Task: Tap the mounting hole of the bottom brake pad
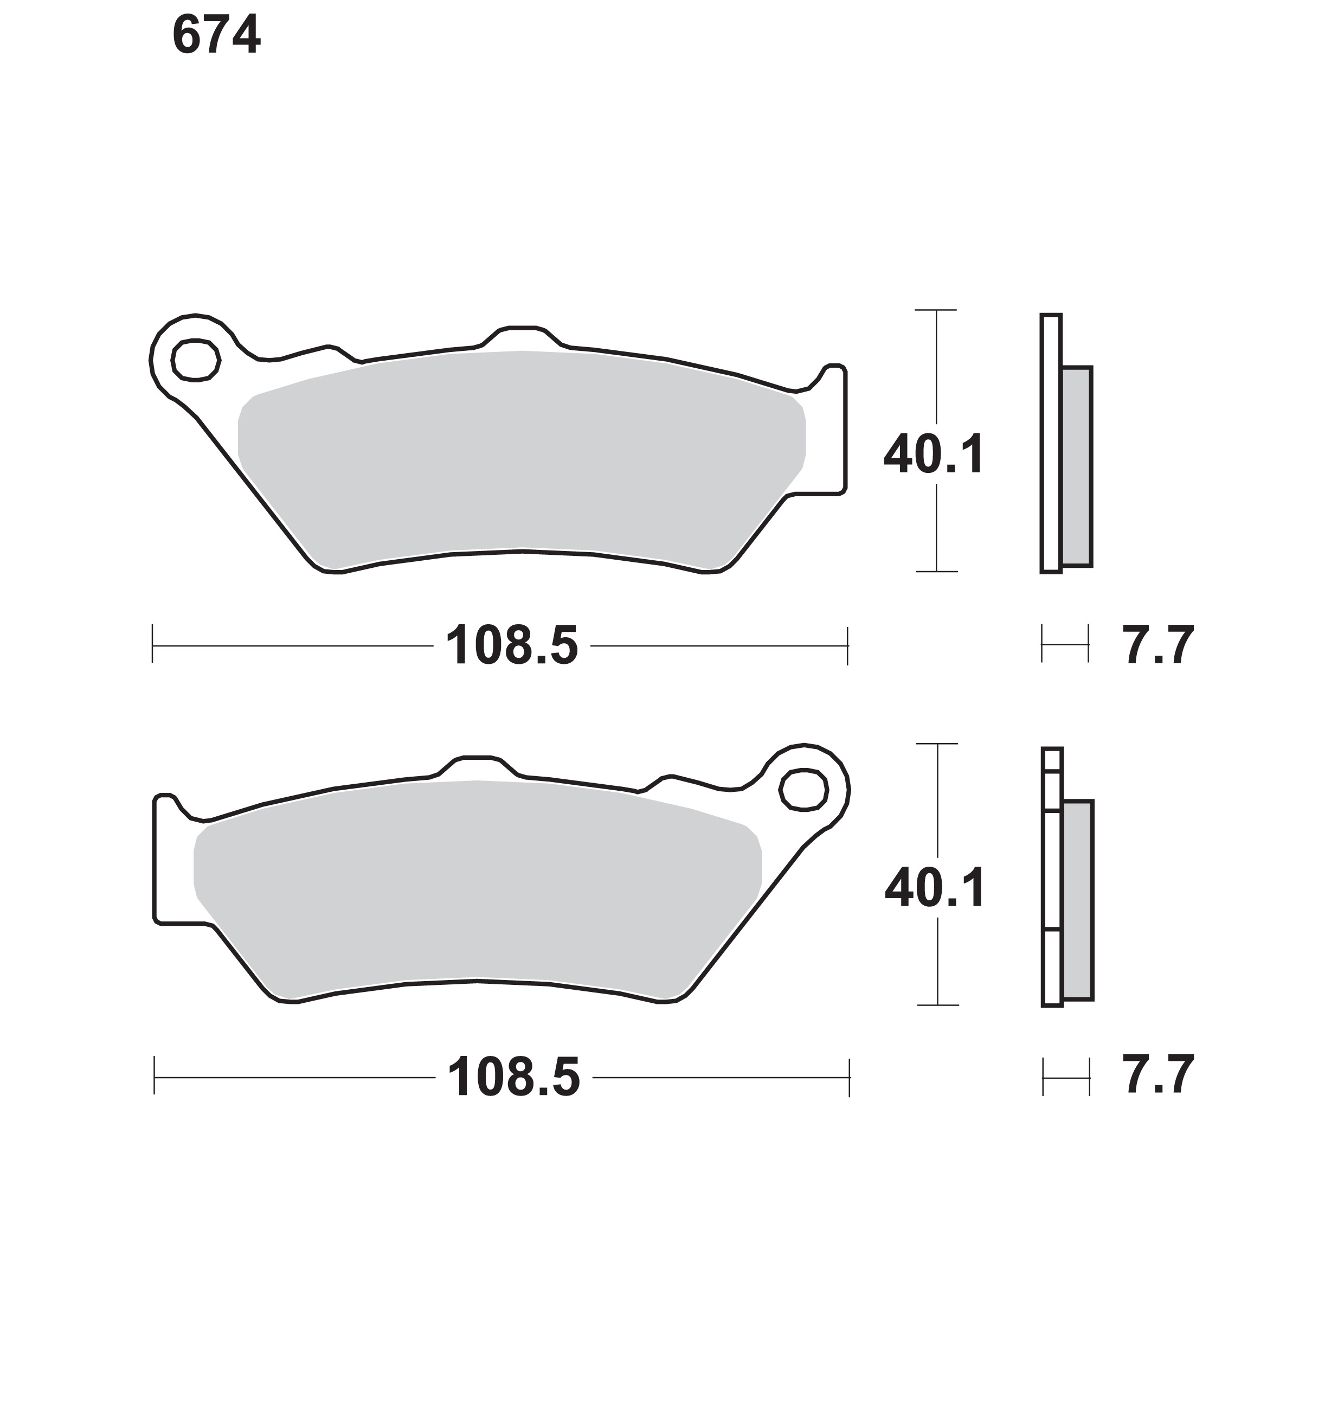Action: [804, 790]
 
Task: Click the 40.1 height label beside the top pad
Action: [934, 454]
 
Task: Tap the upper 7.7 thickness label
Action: [1157, 645]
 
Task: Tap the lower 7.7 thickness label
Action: [1157, 1075]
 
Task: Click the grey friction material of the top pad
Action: [522, 459]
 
